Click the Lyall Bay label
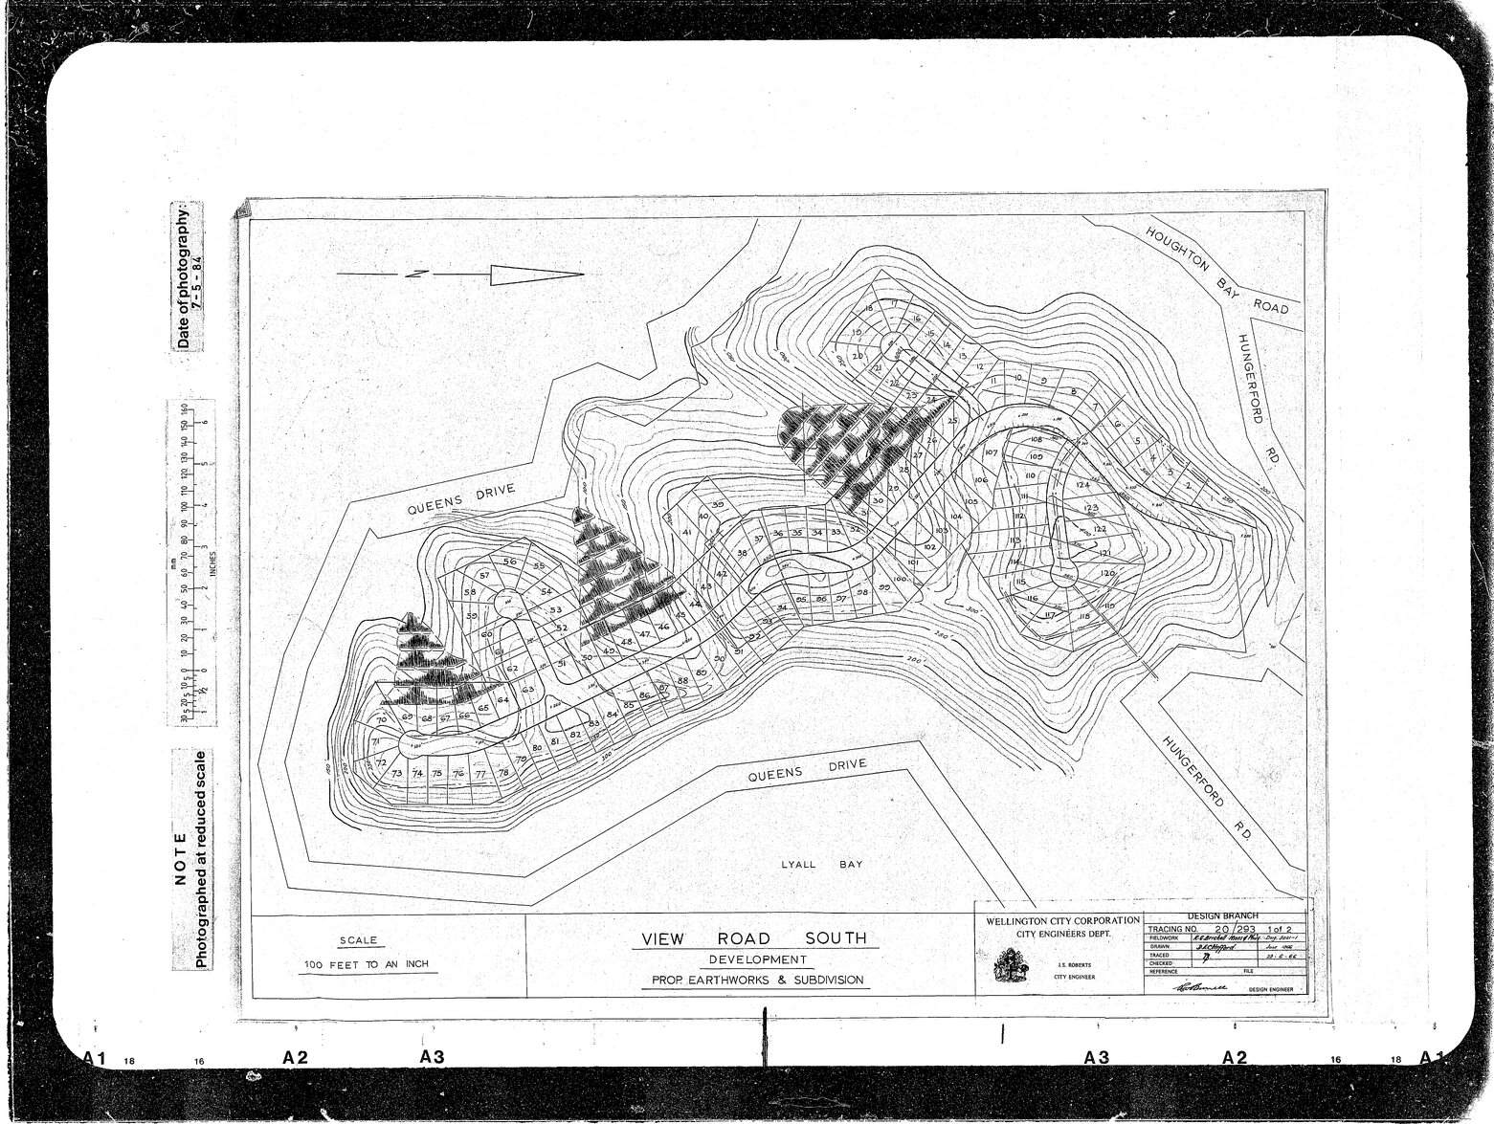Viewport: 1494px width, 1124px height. click(x=822, y=865)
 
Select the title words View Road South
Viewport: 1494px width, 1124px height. click(x=748, y=938)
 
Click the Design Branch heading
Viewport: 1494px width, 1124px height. click(x=1226, y=915)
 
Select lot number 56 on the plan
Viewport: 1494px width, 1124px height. click(x=509, y=562)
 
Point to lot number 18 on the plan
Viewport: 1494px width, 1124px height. click(x=868, y=308)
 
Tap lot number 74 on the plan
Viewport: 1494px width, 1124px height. click(x=416, y=774)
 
